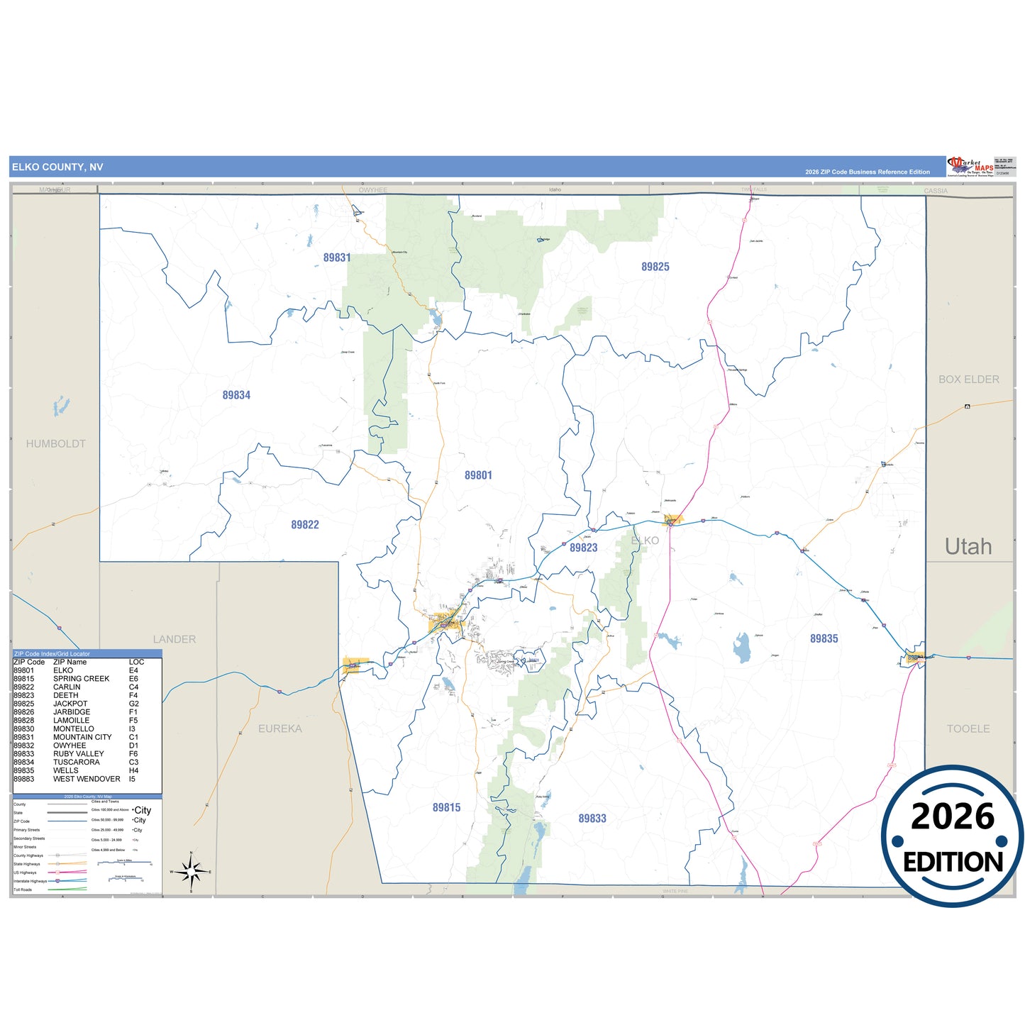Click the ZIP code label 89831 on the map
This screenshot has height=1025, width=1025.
coord(337,257)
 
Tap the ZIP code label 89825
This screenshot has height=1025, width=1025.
coord(655,267)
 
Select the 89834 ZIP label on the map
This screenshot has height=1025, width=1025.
coord(236,395)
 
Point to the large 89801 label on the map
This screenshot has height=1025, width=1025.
coord(478,475)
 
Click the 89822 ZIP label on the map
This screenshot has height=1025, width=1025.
coord(305,525)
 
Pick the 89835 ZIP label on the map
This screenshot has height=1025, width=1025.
coord(824,638)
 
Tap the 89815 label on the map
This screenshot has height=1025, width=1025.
coord(447,807)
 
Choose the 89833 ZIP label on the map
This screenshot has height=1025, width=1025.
coord(592,818)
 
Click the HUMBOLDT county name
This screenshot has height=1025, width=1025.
coord(56,444)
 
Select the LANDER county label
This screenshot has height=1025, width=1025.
coord(174,639)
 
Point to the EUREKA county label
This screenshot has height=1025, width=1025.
coord(280,728)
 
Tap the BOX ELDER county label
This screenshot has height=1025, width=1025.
coord(969,379)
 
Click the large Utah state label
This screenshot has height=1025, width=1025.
coord(968,546)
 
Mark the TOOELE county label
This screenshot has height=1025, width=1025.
coord(968,728)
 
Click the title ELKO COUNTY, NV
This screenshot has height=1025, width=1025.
coord(57,167)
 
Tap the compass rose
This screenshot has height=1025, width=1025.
coord(191,871)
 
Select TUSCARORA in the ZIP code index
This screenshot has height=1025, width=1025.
coord(77,763)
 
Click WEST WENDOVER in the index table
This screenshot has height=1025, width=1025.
coord(87,779)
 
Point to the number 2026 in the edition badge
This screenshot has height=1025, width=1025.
coord(953,816)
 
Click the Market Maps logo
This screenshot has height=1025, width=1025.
coord(970,166)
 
